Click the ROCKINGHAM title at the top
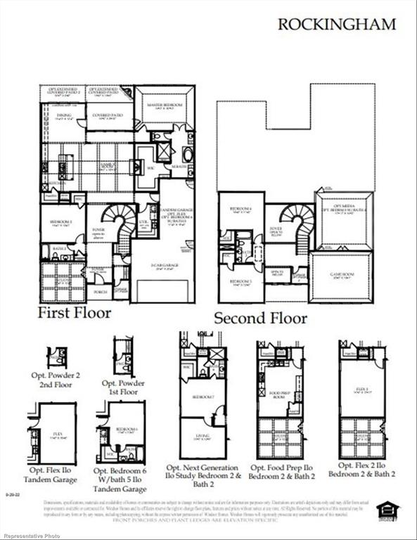coord(337,24)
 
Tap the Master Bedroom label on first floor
coord(165,104)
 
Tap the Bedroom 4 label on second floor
coord(236,209)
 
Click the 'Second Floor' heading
coord(260,318)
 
